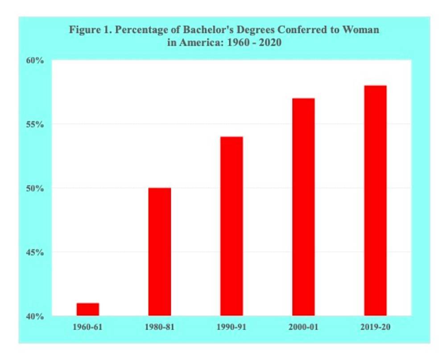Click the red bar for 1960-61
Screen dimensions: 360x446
[x=87, y=309]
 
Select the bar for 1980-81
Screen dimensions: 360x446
[x=160, y=252]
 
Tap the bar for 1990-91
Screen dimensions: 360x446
[x=231, y=226]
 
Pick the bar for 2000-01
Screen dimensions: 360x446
[x=303, y=207]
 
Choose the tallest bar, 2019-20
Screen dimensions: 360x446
[x=375, y=200]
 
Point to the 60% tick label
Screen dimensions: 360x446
[x=35, y=61]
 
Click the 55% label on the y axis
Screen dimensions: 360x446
[x=35, y=124]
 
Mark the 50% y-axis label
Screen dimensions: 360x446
[x=35, y=188]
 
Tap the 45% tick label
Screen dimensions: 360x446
[x=35, y=252]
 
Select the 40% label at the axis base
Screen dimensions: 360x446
[x=35, y=316]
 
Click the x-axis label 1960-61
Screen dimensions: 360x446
[x=87, y=327]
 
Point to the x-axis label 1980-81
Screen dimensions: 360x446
[x=160, y=327]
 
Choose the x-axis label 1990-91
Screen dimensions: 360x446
[x=231, y=327]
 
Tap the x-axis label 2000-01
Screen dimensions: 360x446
[x=303, y=327]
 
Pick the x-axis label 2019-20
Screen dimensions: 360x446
[x=375, y=327]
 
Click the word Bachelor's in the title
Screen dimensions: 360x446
[x=192, y=30]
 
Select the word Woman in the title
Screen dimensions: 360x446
[x=362, y=30]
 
